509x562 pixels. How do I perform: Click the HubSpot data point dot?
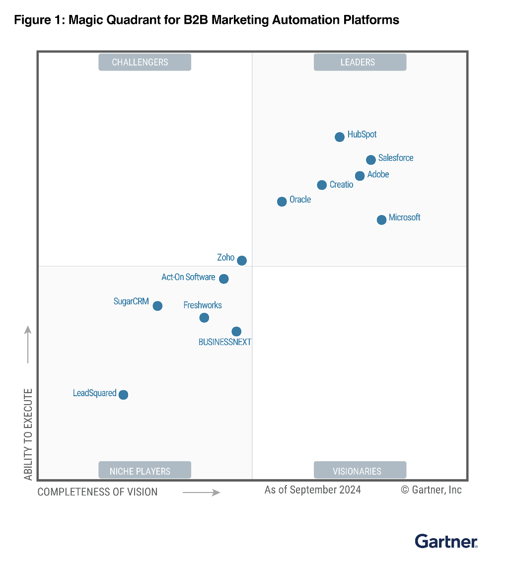340,137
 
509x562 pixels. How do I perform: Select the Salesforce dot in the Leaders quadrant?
371,160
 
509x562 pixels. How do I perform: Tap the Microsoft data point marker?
381,220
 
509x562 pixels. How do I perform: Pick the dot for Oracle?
282,202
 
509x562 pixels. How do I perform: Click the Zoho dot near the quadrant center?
242,261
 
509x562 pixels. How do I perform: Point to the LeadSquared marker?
124,395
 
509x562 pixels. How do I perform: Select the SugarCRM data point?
157,306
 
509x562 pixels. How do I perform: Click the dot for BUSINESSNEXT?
236,331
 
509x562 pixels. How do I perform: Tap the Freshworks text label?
203,305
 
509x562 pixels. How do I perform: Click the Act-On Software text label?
188,277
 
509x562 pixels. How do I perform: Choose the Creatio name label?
341,185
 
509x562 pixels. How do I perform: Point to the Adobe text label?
378,174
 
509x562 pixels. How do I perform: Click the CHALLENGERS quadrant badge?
145,62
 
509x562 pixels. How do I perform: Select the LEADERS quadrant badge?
360,62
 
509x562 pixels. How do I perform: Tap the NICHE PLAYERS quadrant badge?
145,471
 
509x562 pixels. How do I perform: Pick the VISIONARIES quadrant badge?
360,471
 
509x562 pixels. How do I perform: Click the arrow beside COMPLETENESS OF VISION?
201,492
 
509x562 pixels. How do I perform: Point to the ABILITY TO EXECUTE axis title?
28,434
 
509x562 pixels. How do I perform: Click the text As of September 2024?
312,490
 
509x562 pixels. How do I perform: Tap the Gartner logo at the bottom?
446,541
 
